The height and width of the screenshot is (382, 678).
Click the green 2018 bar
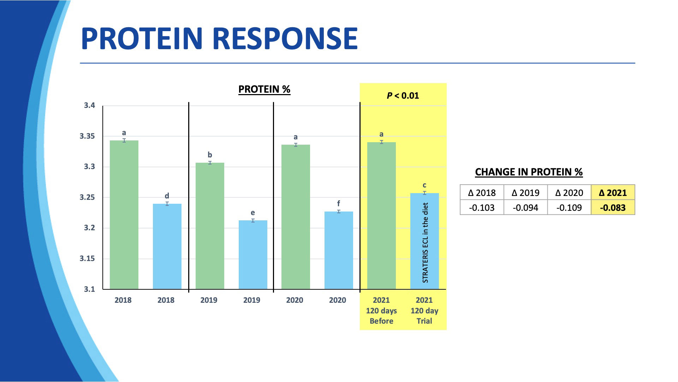(124, 215)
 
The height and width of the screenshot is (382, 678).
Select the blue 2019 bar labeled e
(253, 255)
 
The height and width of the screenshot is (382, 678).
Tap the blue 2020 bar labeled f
(339, 250)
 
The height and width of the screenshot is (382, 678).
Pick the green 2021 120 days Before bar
(381, 216)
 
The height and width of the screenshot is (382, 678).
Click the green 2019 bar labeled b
(210, 226)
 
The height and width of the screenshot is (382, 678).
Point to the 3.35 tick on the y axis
(89, 136)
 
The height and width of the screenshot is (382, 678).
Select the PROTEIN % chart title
(264, 89)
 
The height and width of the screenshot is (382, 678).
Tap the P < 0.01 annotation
(403, 95)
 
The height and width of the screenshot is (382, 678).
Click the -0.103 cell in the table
(482, 208)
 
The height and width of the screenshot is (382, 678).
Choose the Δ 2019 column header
(525, 193)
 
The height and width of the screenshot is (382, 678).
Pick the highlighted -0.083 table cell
(613, 208)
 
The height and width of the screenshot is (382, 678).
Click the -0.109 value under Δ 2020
(569, 208)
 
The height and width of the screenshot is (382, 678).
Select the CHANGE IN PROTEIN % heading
(529, 172)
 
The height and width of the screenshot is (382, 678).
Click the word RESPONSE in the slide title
(286, 38)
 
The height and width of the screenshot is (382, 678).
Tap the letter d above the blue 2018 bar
(167, 196)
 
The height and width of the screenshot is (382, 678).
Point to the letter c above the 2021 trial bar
(424, 185)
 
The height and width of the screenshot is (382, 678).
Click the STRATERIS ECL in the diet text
(425, 243)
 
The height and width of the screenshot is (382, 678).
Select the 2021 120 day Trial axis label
(424, 311)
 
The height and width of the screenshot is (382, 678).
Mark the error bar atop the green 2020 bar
(296, 145)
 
